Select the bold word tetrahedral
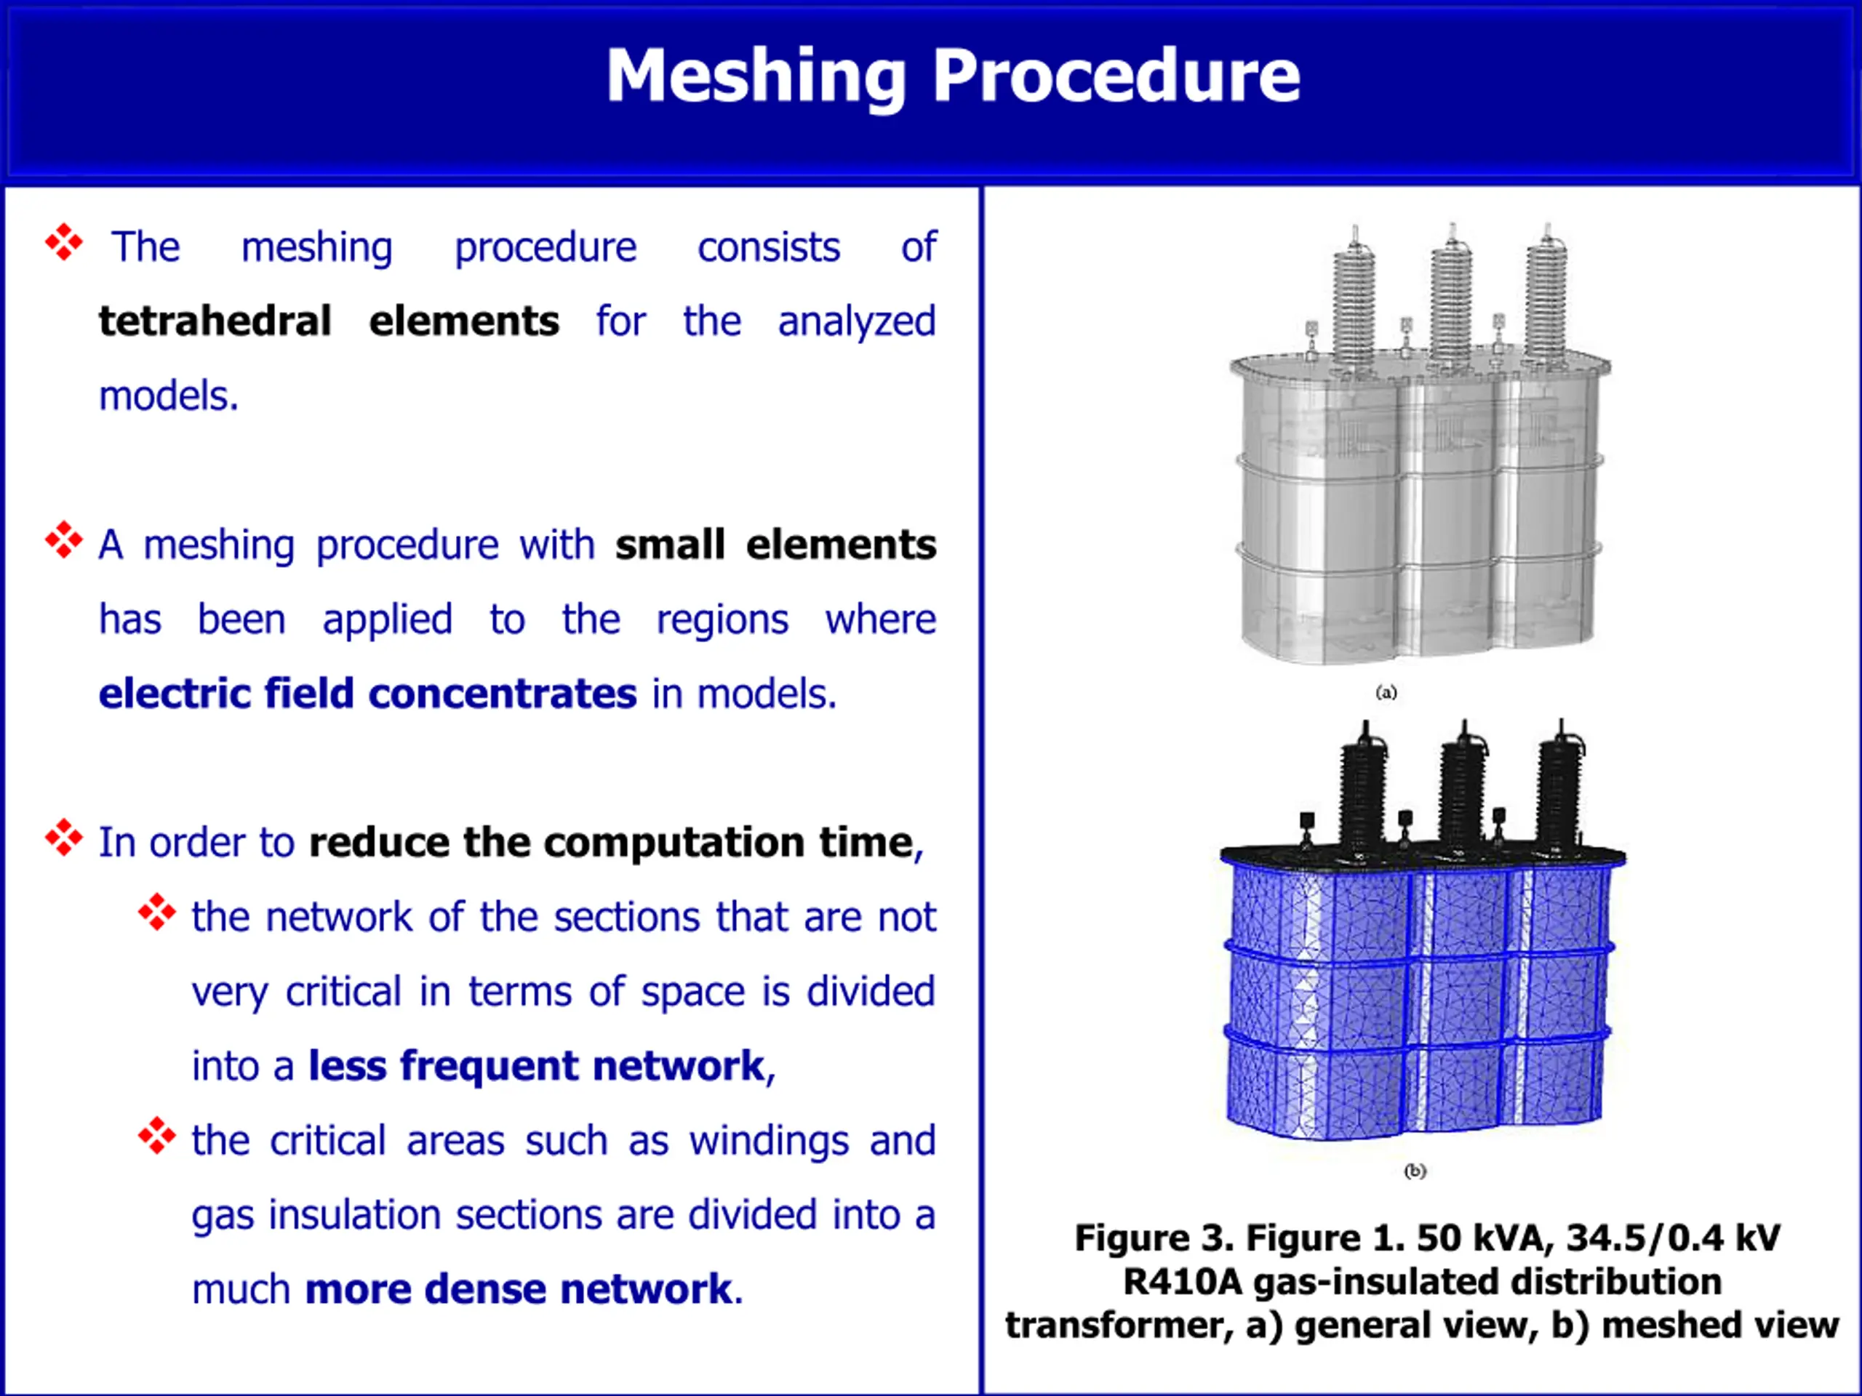(215, 321)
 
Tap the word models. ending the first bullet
(168, 396)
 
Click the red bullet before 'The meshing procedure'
(64, 243)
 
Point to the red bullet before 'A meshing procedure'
(64, 540)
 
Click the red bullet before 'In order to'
(64, 838)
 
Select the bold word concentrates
(502, 694)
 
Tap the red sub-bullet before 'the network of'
(156, 912)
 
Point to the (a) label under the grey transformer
(1386, 692)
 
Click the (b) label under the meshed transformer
(1415, 1171)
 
